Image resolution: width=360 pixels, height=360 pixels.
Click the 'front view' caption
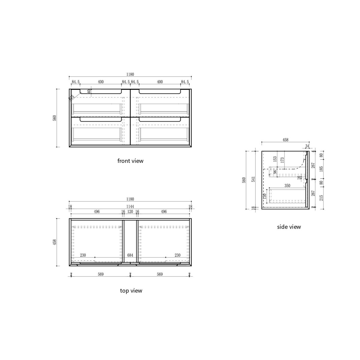[x=130, y=161]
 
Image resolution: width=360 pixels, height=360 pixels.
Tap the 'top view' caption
[x=131, y=290]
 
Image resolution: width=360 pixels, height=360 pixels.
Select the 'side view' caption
[x=289, y=227]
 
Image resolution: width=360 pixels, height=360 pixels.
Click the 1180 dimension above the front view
[x=130, y=74]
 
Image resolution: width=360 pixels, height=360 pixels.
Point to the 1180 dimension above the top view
[x=130, y=199]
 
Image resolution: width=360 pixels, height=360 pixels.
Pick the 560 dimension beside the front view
[x=54, y=118]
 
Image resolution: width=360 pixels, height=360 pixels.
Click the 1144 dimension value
[x=130, y=206]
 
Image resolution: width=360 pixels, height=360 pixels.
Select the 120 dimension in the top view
[x=130, y=211]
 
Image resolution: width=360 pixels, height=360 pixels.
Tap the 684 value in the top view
[x=130, y=255]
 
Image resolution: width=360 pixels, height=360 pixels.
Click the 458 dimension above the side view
[x=285, y=139]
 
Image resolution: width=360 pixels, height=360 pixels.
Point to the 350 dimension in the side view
[x=287, y=186]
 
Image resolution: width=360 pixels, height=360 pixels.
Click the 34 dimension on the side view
[x=307, y=146]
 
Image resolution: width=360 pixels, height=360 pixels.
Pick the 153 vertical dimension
[x=275, y=159]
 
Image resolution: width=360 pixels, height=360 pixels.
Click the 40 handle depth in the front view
[x=89, y=91]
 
